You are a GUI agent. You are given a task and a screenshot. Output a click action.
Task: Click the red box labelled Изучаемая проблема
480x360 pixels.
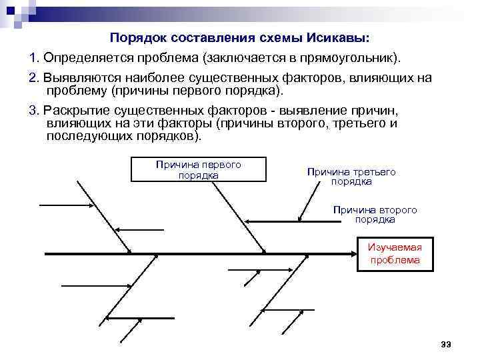coord(395,253)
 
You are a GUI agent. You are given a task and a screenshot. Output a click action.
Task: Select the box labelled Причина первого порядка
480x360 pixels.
coord(198,170)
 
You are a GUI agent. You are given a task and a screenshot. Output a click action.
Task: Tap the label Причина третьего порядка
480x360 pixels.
coord(351,177)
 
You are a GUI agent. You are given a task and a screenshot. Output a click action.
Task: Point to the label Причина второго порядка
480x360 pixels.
coord(375,215)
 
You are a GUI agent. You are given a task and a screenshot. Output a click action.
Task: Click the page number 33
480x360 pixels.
coord(446,344)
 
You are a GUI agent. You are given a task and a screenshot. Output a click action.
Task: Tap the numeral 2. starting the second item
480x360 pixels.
coord(34,79)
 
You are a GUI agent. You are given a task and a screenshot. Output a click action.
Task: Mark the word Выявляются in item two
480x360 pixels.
coord(75,79)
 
